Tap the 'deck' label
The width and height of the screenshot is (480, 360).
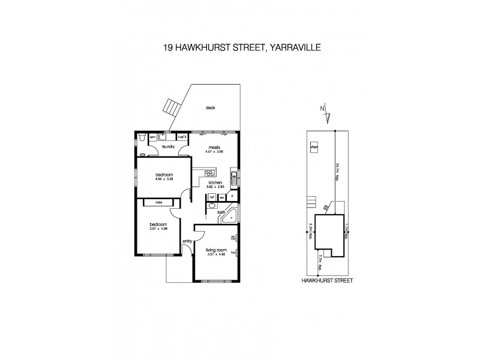click(210, 108)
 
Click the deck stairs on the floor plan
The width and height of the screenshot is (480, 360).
click(172, 109)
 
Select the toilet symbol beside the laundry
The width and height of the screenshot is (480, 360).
click(140, 137)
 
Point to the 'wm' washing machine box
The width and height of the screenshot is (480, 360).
click(152, 137)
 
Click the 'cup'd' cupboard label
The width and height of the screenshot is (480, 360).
click(181, 137)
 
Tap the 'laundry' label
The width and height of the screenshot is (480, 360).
click(167, 146)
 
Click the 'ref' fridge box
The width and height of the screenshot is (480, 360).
click(212, 196)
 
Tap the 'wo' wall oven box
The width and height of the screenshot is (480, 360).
click(222, 196)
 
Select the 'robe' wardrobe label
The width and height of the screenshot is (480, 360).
click(159, 203)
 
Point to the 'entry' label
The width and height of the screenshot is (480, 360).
click(187, 241)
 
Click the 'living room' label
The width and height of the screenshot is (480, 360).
click(215, 250)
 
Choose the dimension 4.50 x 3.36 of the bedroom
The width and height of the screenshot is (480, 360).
click(158, 178)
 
